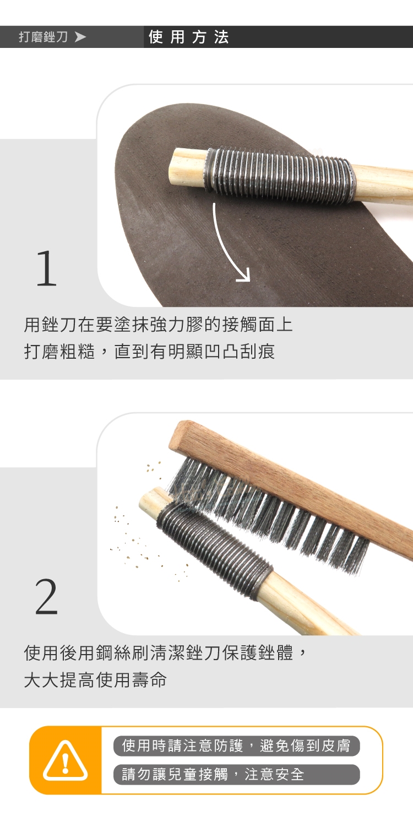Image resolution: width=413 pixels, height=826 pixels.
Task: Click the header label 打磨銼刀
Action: (43, 37)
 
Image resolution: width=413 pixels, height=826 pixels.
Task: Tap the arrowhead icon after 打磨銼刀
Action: (80, 37)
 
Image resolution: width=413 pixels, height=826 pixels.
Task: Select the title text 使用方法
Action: (189, 37)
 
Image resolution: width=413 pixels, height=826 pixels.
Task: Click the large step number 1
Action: (46, 268)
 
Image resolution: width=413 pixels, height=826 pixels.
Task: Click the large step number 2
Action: (46, 596)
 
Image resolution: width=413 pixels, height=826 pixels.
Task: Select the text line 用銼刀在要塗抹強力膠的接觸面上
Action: (159, 325)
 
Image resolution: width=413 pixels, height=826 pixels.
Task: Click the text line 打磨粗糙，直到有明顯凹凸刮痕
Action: (149, 351)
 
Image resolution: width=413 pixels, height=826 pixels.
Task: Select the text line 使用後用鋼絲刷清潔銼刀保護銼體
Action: (159, 652)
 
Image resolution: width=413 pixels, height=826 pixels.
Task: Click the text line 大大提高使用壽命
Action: (95, 679)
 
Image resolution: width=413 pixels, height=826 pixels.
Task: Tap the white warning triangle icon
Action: (65, 760)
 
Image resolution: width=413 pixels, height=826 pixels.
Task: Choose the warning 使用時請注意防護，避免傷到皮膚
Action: (236, 746)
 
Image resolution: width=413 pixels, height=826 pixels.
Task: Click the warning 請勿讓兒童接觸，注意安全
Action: (213, 774)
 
